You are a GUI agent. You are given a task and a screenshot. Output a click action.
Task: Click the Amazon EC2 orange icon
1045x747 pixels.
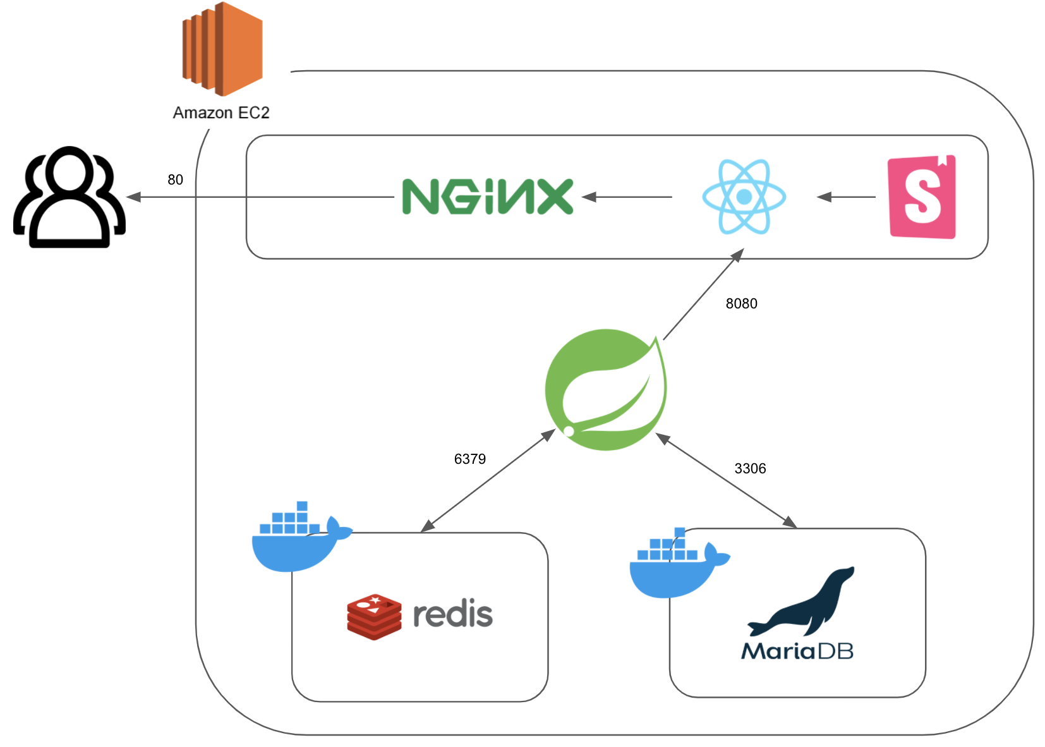(222, 49)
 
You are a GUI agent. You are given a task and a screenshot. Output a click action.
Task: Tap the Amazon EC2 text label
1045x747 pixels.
(221, 112)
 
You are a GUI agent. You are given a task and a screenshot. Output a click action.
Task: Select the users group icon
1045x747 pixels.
(69, 197)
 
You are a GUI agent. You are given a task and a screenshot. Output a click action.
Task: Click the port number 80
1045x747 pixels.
(175, 180)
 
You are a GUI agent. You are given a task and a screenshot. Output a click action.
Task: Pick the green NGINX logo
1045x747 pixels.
(487, 197)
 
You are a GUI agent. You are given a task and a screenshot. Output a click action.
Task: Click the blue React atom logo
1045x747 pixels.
(744, 197)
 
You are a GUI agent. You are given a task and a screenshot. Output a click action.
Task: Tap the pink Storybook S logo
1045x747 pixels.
(922, 197)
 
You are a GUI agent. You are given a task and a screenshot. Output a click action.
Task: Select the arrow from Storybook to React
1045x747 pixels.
(847, 197)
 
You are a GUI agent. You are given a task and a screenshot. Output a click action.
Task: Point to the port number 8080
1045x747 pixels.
(741, 304)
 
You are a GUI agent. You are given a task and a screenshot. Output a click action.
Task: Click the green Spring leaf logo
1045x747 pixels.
(605, 389)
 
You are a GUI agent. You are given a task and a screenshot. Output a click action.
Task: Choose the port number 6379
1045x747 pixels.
(469, 459)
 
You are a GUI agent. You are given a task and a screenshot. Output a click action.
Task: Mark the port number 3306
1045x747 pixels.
(750, 469)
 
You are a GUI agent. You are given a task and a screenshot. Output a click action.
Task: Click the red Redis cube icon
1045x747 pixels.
(374, 616)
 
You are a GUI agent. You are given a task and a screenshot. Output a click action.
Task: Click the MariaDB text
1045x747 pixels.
(797, 651)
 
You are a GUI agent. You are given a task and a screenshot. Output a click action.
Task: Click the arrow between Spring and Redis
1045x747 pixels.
(488, 481)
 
